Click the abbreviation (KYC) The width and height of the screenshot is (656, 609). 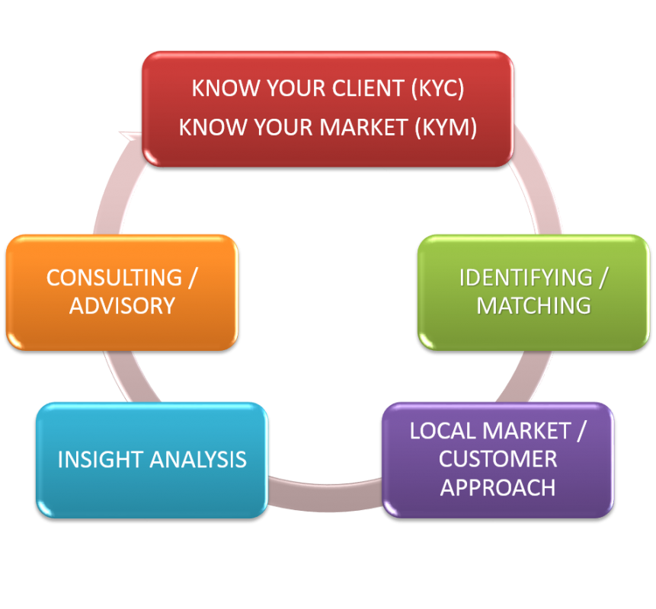click(437, 88)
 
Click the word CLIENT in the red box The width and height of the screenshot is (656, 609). click(366, 88)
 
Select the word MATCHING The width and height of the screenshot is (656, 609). click(533, 305)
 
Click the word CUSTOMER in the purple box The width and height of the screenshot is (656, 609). click(498, 459)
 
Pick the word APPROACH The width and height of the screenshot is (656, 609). click(498, 487)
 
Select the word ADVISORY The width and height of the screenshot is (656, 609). click(122, 305)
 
